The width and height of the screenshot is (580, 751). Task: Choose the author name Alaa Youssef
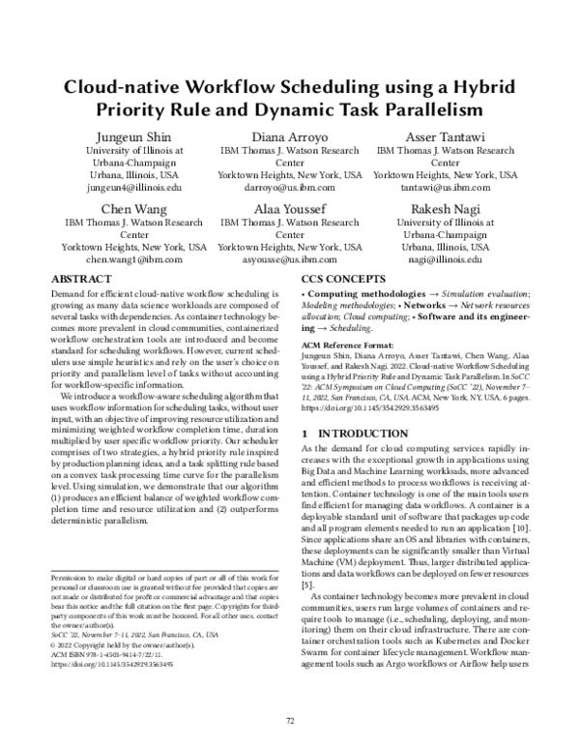[x=289, y=210]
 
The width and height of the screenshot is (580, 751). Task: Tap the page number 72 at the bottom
[x=290, y=720]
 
